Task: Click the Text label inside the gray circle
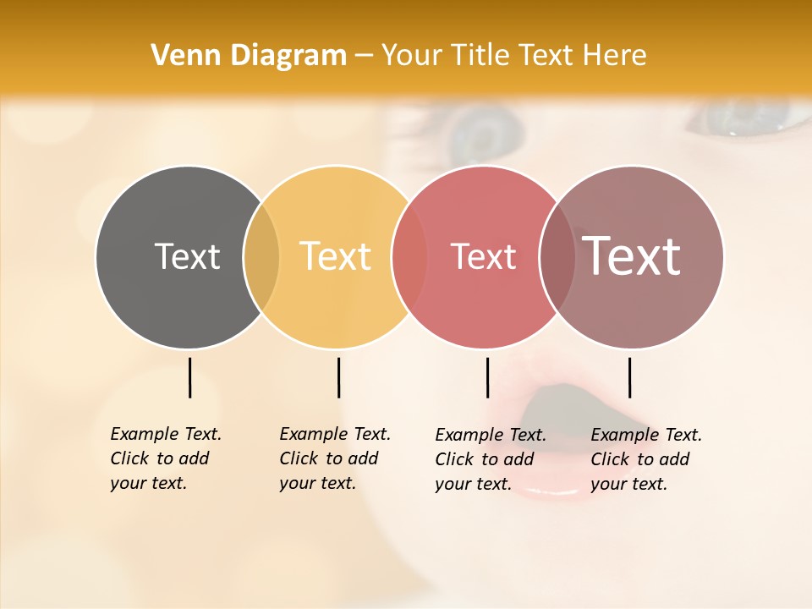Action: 187,256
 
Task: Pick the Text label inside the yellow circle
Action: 336,256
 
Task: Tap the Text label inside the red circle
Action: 483,256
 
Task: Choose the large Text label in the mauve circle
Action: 632,255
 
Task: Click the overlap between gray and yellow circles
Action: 261,257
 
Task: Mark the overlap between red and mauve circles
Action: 557,257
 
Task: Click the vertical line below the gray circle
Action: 189,377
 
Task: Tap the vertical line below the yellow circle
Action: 338,377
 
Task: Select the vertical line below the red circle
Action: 487,377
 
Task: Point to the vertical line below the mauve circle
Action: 629,377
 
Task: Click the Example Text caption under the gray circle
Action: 166,458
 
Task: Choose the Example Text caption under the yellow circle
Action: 335,458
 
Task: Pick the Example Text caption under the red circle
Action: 491,459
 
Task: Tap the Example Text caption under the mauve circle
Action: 646,459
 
